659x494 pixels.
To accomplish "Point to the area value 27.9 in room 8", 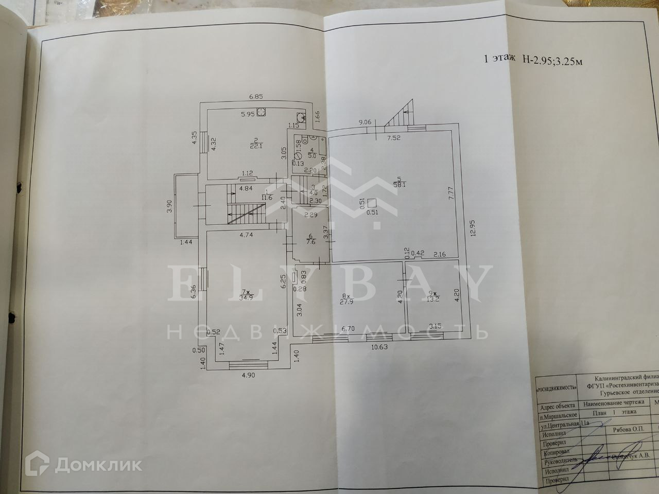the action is (x=346, y=302).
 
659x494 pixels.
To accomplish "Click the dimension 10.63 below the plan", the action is (x=379, y=346).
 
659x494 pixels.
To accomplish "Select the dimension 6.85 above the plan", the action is (x=256, y=96).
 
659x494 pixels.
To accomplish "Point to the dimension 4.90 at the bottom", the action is (x=248, y=375).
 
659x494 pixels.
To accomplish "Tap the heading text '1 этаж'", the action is (x=499, y=59).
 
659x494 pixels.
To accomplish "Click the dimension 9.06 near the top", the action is (x=366, y=122).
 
